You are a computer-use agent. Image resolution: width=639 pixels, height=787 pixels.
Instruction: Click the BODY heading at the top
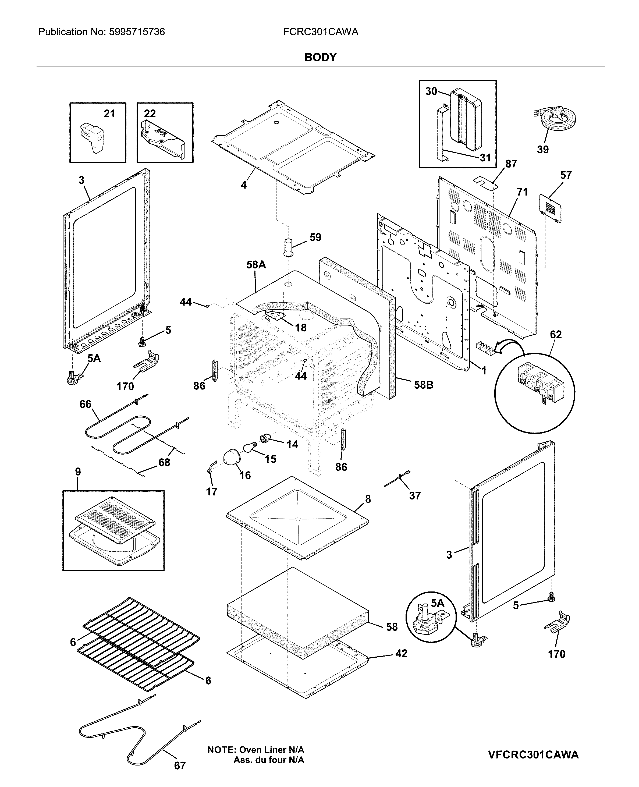320,57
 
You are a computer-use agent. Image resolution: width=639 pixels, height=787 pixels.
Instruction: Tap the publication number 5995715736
137,32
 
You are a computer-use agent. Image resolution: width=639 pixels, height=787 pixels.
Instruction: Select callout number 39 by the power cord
542,150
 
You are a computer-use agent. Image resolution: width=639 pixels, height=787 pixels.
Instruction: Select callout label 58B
423,385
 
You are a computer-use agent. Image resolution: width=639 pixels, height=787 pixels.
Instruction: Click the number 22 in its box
150,114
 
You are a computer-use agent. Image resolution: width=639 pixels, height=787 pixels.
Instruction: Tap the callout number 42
401,653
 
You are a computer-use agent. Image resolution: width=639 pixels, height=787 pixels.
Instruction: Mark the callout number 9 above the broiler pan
78,472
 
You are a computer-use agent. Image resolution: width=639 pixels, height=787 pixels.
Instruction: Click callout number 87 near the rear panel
511,164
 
